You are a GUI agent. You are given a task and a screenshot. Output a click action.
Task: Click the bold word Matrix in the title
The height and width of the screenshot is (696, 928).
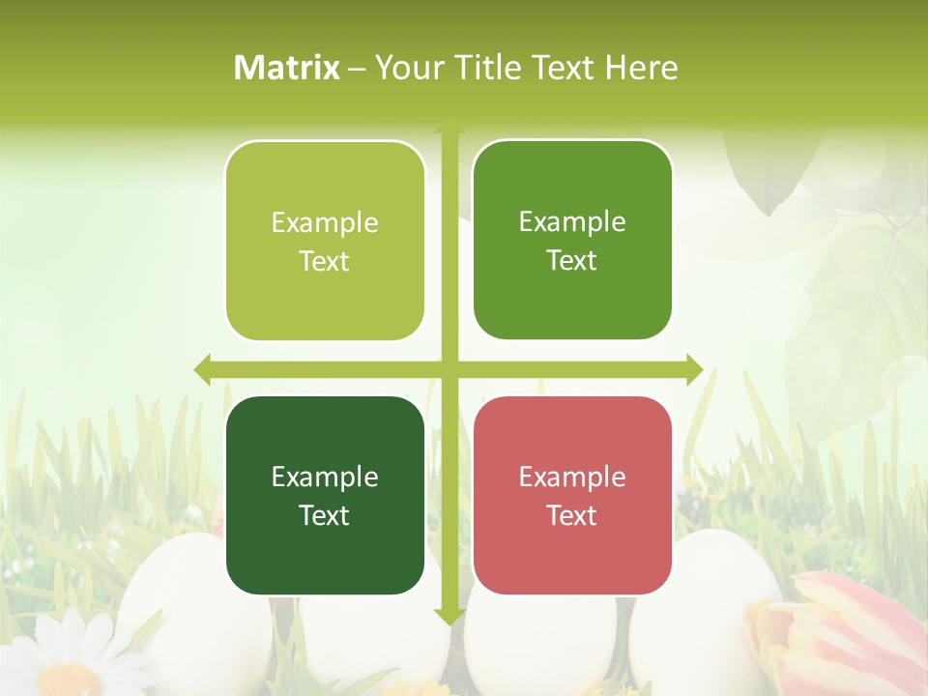[287, 68]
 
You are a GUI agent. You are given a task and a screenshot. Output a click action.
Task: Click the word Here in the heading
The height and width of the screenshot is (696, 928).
[641, 68]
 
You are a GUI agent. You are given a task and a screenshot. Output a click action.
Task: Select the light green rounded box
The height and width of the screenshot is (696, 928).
[325, 241]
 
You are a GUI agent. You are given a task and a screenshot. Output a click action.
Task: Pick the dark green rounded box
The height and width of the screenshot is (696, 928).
[325, 495]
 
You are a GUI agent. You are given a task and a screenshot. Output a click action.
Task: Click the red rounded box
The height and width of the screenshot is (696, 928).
[572, 495]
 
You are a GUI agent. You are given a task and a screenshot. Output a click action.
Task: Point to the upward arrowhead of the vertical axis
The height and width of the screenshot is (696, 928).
[449, 128]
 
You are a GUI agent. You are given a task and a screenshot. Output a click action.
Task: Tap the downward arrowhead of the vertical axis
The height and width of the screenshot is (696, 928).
[449, 616]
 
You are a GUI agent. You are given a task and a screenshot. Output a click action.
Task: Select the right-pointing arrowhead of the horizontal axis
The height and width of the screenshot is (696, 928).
[694, 369]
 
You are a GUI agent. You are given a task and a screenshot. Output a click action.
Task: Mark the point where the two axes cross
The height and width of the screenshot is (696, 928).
[449, 369]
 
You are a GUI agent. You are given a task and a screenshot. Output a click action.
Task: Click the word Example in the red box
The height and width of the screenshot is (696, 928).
[572, 477]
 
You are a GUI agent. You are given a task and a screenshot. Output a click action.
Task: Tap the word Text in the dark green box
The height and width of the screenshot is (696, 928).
[325, 515]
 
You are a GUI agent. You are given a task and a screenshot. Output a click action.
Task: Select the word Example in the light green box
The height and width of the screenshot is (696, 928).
[325, 222]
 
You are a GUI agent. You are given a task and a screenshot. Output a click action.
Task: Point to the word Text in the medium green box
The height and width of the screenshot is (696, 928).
[572, 260]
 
